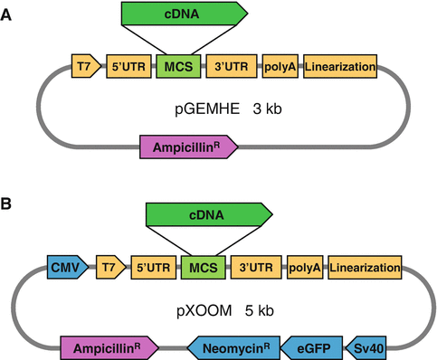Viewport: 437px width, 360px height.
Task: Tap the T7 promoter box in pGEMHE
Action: pos(84,66)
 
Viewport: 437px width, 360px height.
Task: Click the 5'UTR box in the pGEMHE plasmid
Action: pos(128,66)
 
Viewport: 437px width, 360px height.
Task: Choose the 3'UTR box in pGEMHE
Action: pos(231,66)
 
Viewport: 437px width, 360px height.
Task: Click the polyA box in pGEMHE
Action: pos(280,66)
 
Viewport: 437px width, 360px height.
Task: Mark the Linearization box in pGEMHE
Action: pos(339,66)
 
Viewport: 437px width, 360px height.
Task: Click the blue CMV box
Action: pos(66,267)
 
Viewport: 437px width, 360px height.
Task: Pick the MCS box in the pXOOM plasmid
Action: pos(201,267)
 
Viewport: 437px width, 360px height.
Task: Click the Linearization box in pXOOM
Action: pos(365,267)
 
